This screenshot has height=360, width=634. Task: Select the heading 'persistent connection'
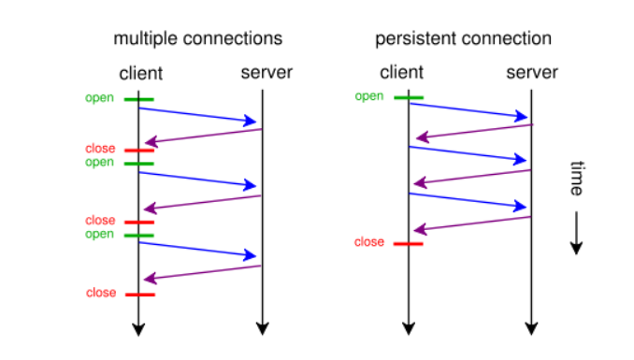coord(463,39)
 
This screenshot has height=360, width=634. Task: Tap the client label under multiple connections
coord(140,73)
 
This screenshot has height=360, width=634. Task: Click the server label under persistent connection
coord(531,73)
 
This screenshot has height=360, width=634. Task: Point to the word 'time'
coord(577,178)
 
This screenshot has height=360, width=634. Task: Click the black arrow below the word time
coord(577,234)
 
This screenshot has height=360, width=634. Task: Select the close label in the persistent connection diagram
coord(369,242)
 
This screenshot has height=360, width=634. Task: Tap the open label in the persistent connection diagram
coord(369,95)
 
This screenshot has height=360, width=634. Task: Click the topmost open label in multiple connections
coord(99,97)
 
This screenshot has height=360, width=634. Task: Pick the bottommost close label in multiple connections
coord(100,293)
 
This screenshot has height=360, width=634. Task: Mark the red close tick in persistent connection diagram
coord(409,244)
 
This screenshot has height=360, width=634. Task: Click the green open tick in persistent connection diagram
coord(409,97)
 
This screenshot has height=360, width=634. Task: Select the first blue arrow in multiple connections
coord(197,115)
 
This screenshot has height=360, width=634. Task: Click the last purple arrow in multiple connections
coord(202,272)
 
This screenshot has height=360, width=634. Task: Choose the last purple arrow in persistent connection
coord(471,223)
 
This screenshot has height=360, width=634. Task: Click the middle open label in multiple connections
coord(99,162)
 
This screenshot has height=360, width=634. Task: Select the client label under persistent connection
coord(402,73)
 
